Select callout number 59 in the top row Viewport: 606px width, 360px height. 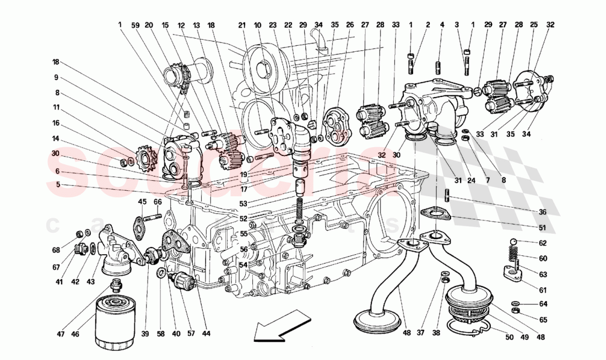(135, 25)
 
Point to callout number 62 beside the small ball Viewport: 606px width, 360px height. (543, 243)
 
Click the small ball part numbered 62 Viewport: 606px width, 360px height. (513, 241)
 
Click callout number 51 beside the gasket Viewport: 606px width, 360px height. (543, 227)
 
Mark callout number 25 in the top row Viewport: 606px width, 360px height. (533, 25)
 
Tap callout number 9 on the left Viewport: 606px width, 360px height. (56, 77)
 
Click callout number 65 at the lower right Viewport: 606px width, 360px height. (543, 319)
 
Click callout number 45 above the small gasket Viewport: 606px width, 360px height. (142, 201)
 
